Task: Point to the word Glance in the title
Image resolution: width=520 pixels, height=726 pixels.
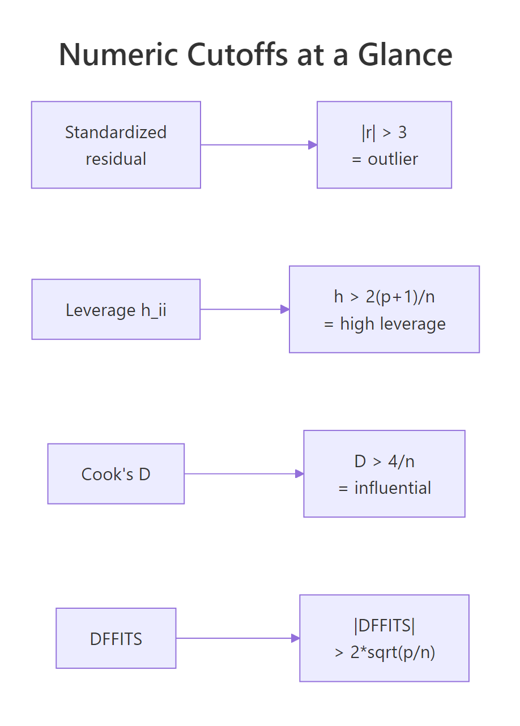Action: point(405,55)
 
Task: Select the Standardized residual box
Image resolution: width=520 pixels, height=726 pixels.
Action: point(116,145)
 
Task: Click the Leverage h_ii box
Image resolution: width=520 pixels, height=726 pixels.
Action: point(116,310)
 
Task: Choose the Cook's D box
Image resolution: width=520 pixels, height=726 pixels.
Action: point(116,474)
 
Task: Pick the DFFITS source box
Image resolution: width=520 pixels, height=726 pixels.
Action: point(116,639)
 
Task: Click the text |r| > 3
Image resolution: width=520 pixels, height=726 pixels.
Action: point(384,133)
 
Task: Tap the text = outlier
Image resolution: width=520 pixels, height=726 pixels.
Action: point(385,159)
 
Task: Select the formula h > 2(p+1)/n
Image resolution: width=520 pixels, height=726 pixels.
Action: point(384,297)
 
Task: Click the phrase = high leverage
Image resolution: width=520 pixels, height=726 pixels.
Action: point(385,324)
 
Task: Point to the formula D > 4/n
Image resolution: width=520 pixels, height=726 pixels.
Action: point(384,462)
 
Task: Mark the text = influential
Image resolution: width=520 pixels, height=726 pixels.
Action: point(385,488)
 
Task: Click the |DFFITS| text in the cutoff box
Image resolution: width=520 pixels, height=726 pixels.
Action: point(384,626)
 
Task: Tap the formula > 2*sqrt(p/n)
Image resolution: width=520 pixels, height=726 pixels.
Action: point(385,652)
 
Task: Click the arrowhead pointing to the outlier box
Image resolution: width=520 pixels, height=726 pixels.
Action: point(312,145)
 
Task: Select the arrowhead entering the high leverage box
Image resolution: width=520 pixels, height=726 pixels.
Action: point(285,309)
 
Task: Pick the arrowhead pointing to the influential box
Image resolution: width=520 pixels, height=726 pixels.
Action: point(299,474)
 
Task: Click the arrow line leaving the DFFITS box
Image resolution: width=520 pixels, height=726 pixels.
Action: point(232,638)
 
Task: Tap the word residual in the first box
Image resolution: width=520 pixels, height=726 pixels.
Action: point(116,159)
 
